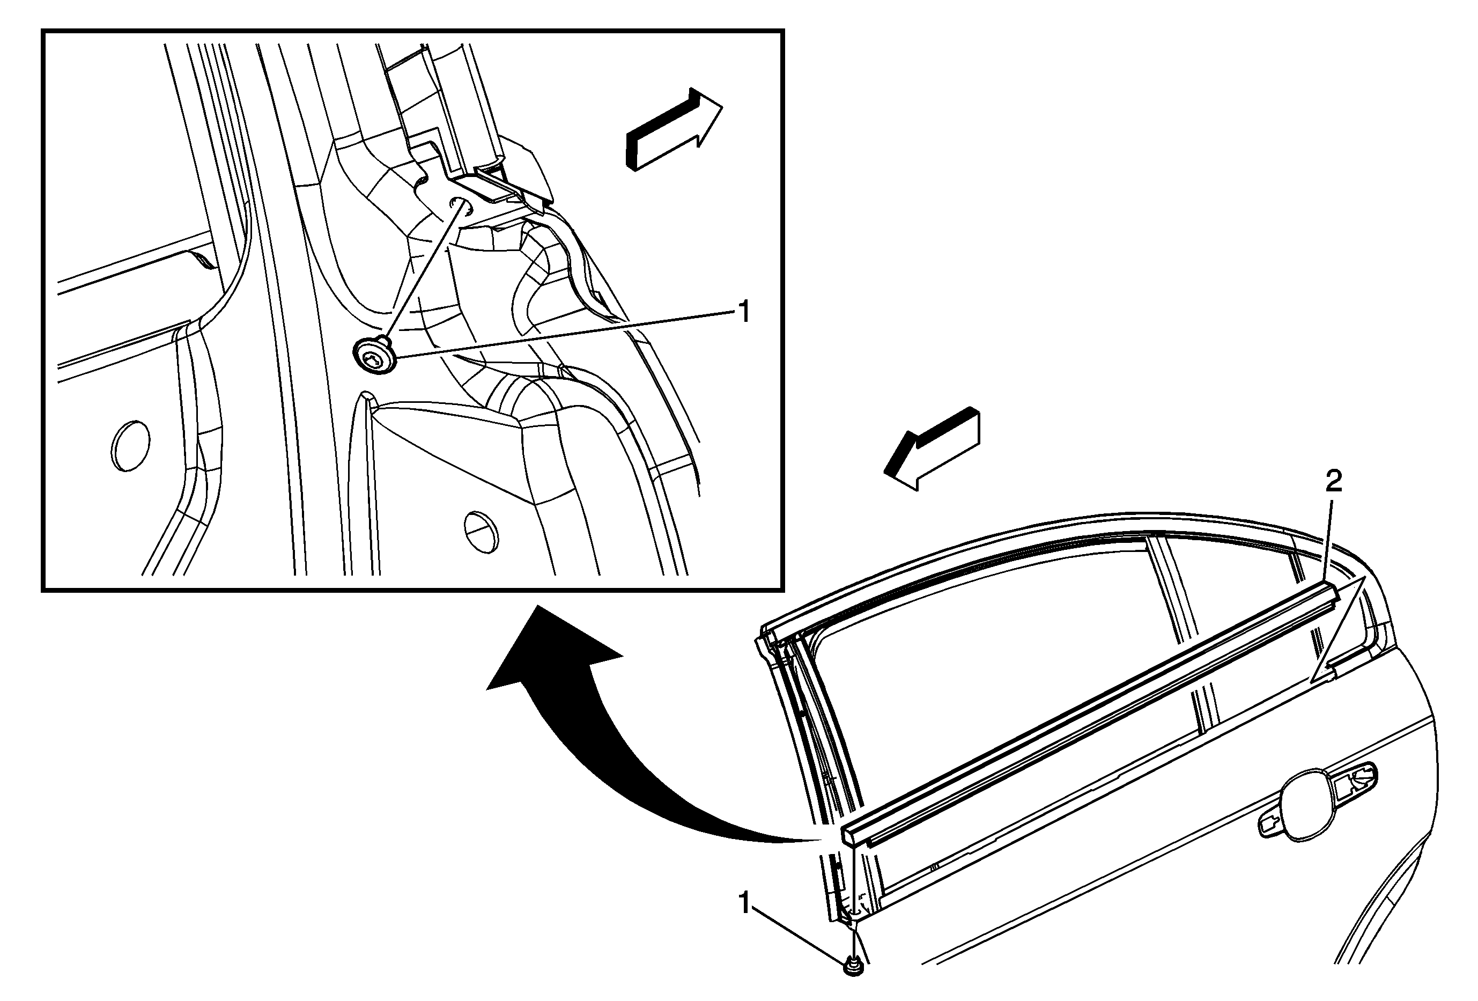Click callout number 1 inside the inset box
coord(743,312)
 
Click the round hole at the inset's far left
coord(130,445)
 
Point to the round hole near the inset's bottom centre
coord(481,531)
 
